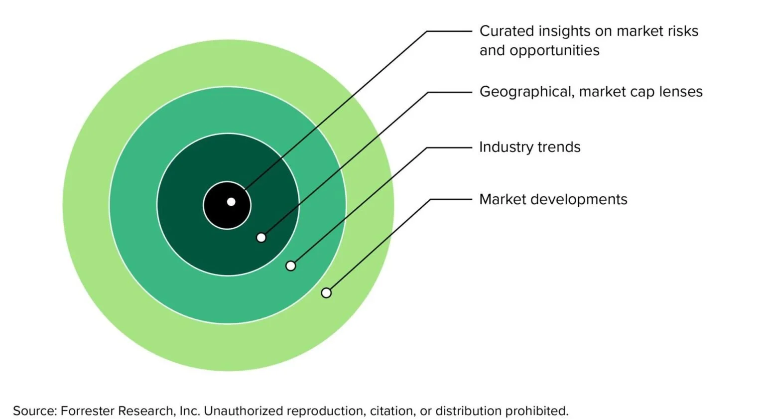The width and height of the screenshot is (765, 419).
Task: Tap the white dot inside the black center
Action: pyautogui.click(x=231, y=202)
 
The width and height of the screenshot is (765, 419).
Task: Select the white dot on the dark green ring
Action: pyautogui.click(x=261, y=238)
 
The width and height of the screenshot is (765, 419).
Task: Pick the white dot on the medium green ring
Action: pyautogui.click(x=290, y=266)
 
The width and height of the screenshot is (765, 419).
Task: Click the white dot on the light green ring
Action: pyautogui.click(x=326, y=293)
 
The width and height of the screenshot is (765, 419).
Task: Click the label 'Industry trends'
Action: pyautogui.click(x=529, y=147)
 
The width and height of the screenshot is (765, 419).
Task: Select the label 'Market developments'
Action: pyautogui.click(x=553, y=199)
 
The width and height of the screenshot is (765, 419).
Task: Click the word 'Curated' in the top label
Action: pyautogui.click(x=507, y=31)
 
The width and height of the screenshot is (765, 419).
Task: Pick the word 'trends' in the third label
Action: pyautogui.click(x=559, y=147)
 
